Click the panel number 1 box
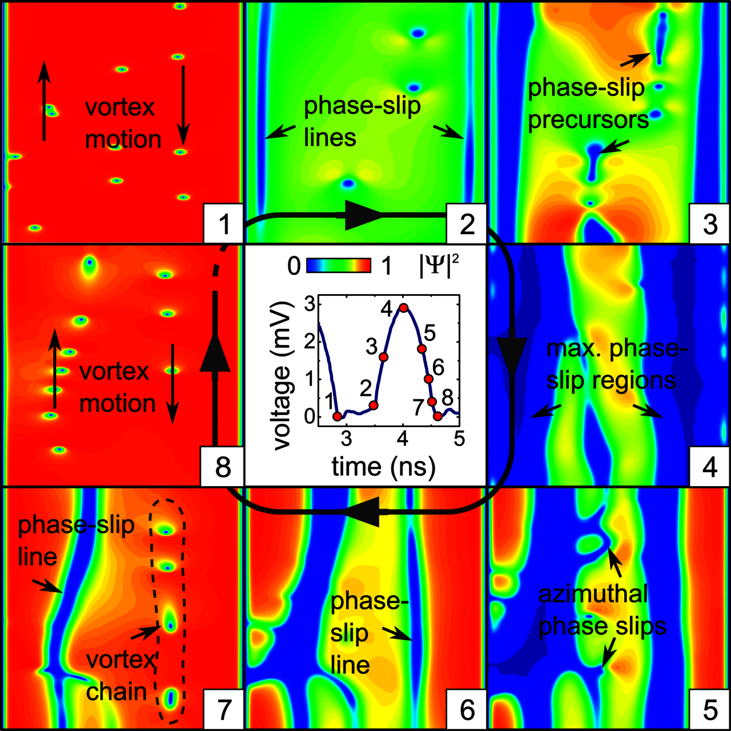(x=224, y=223)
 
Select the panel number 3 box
(x=710, y=223)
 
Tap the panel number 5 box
(x=710, y=710)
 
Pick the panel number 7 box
(x=224, y=710)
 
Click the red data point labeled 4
(x=403, y=308)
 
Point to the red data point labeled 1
(x=337, y=416)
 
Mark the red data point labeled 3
(x=383, y=357)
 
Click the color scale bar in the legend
(x=339, y=266)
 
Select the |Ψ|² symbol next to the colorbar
(x=439, y=266)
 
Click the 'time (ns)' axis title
(x=384, y=467)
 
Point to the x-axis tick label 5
(x=459, y=439)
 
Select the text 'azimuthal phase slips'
(x=601, y=610)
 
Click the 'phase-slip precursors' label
(x=587, y=104)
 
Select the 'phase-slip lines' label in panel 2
(x=361, y=122)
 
